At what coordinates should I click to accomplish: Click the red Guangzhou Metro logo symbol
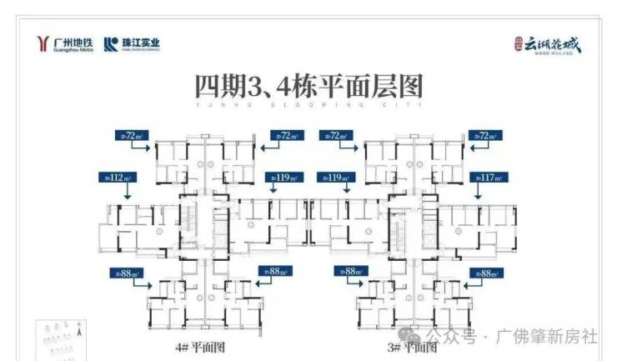[x=44, y=45]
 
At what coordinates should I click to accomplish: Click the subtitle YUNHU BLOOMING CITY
[x=308, y=107]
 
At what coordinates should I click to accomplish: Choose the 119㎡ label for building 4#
[x=282, y=177]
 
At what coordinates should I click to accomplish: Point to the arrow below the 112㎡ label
[x=126, y=192]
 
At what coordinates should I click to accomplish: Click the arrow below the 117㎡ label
[x=477, y=191]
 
